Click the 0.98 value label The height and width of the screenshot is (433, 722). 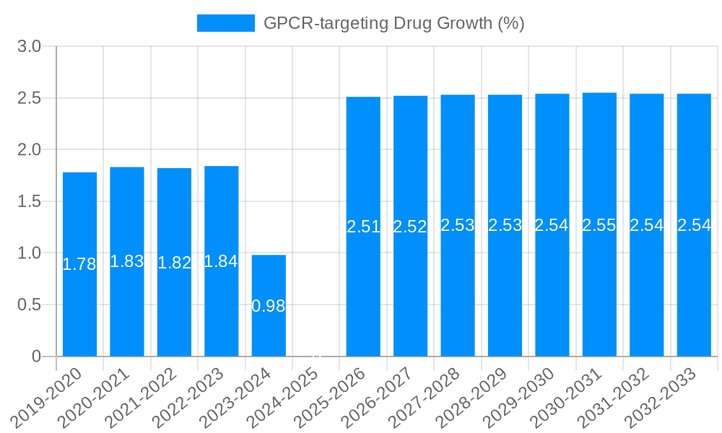(269, 306)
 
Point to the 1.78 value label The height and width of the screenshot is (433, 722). (79, 264)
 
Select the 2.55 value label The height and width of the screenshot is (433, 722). (599, 225)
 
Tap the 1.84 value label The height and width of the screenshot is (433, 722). (221, 261)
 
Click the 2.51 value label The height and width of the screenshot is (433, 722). (363, 227)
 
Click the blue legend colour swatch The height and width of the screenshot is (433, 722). (225, 23)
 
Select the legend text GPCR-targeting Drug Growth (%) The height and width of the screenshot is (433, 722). (393, 23)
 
